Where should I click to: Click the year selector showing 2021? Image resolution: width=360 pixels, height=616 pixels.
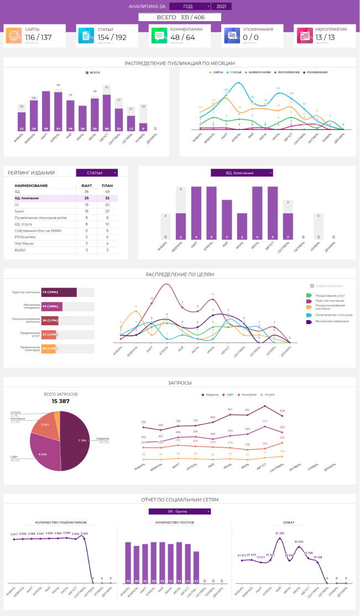tap(221, 6)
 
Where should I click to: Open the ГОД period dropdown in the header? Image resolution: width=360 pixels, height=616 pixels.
tap(190, 6)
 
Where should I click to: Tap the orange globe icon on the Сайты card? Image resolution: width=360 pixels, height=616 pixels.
tap(14, 36)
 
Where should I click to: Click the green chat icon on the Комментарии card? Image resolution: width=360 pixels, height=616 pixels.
tap(159, 36)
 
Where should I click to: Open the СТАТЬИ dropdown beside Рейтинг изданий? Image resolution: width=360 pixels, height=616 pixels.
tap(97, 173)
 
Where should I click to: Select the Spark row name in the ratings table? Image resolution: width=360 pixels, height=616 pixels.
tap(20, 211)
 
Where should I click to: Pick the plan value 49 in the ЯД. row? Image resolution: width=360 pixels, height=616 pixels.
tap(106, 191)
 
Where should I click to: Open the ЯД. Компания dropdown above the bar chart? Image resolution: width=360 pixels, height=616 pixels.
tap(242, 173)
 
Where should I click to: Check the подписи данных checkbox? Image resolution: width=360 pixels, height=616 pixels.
tap(312, 285)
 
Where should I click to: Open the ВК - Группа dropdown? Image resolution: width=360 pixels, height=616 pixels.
tap(180, 511)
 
